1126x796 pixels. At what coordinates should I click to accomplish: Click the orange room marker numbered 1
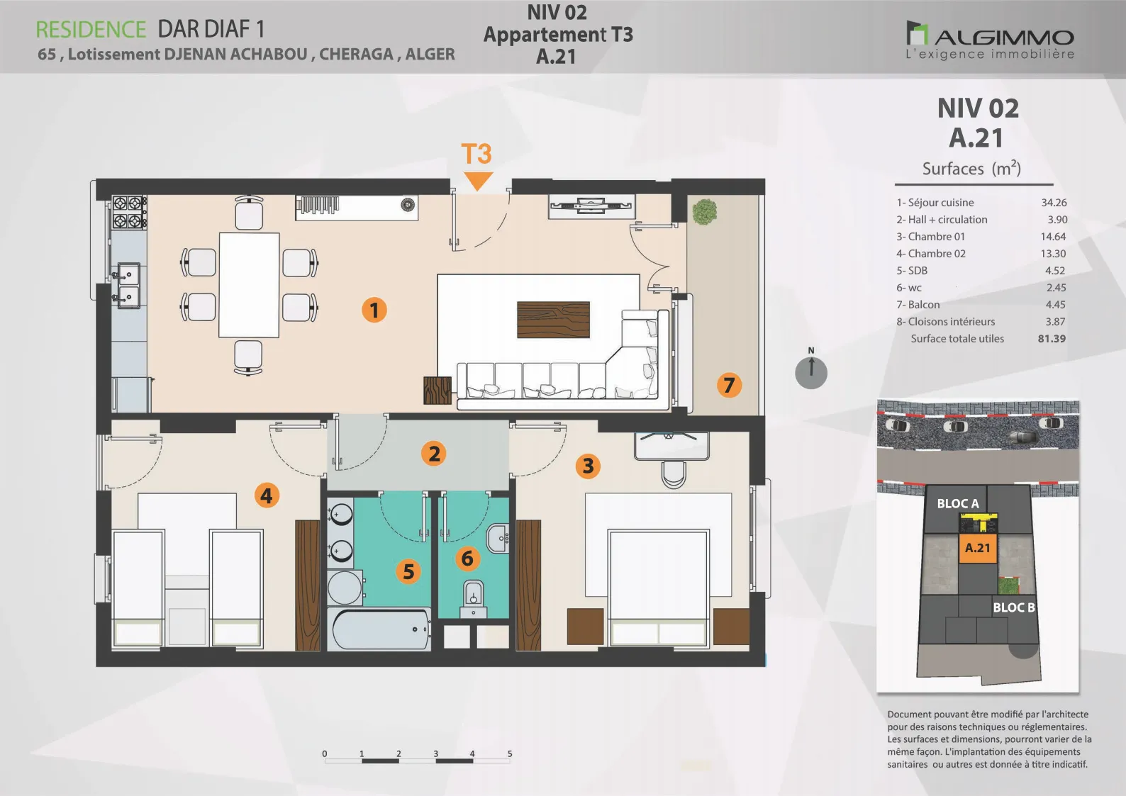374,310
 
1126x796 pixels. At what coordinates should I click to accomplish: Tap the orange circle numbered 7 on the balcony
729,385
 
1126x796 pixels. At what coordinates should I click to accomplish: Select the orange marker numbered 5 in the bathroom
408,571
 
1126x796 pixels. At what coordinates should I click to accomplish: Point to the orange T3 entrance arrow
477,181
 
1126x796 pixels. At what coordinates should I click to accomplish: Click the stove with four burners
128,213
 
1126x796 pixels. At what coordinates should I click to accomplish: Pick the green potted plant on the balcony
704,211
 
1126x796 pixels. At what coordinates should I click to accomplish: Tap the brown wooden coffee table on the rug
554,320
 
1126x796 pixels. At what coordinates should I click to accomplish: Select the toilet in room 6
473,598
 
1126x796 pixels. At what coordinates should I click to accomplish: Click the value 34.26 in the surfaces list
1054,203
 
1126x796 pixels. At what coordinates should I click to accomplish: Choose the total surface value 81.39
1052,339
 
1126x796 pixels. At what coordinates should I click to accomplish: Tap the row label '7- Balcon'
918,305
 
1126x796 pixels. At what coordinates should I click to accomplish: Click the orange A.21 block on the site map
978,548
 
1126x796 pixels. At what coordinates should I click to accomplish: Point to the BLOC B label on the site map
1013,607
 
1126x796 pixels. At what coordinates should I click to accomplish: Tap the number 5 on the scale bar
510,753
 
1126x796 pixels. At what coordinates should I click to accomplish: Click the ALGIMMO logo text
1004,38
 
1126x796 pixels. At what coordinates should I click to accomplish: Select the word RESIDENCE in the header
91,30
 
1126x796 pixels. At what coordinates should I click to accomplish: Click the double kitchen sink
128,285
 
